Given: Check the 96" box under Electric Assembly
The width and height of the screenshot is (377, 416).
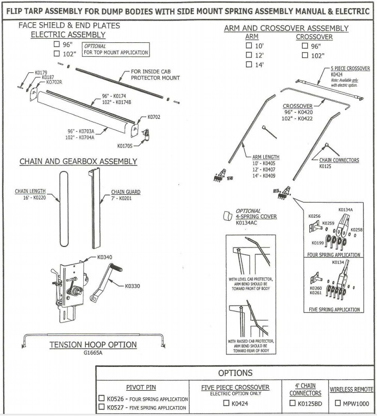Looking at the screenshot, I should pos(57,44).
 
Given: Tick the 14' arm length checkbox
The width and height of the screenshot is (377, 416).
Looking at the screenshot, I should pos(249,65).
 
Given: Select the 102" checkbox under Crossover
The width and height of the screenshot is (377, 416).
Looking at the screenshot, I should pos(305,55).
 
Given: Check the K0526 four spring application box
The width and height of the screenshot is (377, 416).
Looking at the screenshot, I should pos(102,398).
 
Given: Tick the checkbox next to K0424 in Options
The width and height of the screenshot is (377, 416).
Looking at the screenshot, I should pos(226,403).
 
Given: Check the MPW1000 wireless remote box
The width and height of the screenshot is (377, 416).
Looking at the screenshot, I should pos(338,403).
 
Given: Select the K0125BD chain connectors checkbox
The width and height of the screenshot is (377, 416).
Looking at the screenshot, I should pos(293,403).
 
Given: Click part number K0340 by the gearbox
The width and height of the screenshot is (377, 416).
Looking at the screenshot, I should pos(104,257).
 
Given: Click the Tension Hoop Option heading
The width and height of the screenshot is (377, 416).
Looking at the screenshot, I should pos(93,345).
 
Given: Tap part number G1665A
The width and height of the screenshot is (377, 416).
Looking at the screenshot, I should pos(93,353).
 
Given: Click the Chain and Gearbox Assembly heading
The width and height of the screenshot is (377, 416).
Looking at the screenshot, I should pos(78,161).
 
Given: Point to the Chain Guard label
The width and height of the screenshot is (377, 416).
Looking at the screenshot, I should pos(126,192).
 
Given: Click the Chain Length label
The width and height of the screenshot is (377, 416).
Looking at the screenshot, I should pos(29,191).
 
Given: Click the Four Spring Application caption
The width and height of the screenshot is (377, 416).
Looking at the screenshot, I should pos(334,255).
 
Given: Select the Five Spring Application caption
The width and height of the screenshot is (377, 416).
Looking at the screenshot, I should pos(334,310).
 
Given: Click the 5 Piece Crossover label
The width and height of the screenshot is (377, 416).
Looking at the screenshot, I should pos(350,68).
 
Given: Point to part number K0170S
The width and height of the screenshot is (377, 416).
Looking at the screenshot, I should pos(125,146).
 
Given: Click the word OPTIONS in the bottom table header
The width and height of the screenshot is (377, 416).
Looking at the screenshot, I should pos(235,373).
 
